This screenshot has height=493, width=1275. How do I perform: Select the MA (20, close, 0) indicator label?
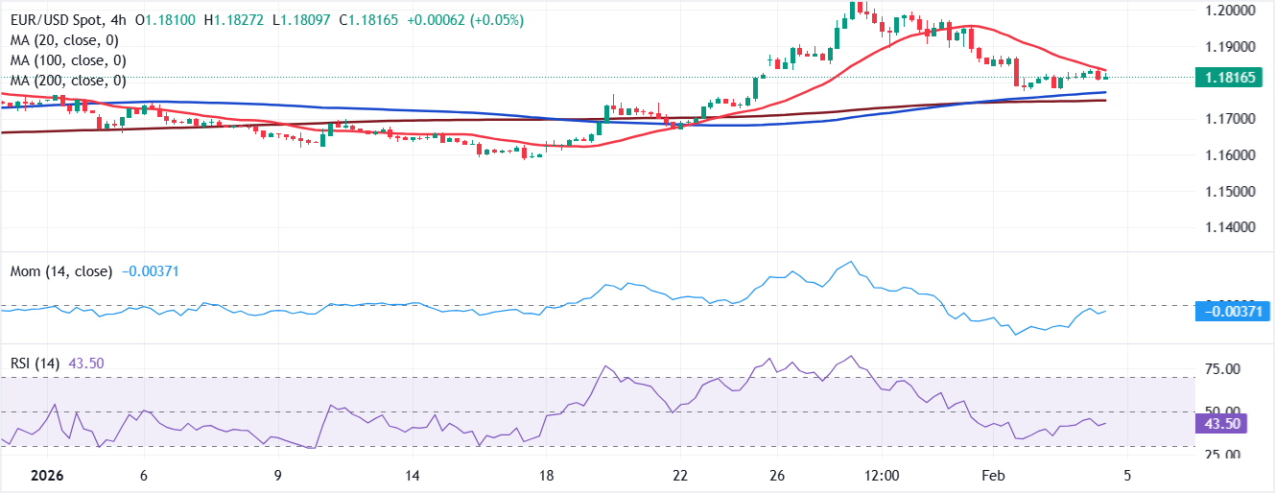click(x=65, y=40)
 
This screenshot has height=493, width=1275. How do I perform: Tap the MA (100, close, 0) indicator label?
click(x=69, y=60)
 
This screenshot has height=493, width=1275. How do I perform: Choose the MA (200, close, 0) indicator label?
click(x=69, y=81)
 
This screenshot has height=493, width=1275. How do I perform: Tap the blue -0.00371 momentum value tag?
click(x=1233, y=311)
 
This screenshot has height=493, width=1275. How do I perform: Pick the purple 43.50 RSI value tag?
click(x=1219, y=423)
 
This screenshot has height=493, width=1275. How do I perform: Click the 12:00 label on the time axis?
click(x=881, y=476)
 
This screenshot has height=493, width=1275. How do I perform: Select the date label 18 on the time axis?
click(x=548, y=476)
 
